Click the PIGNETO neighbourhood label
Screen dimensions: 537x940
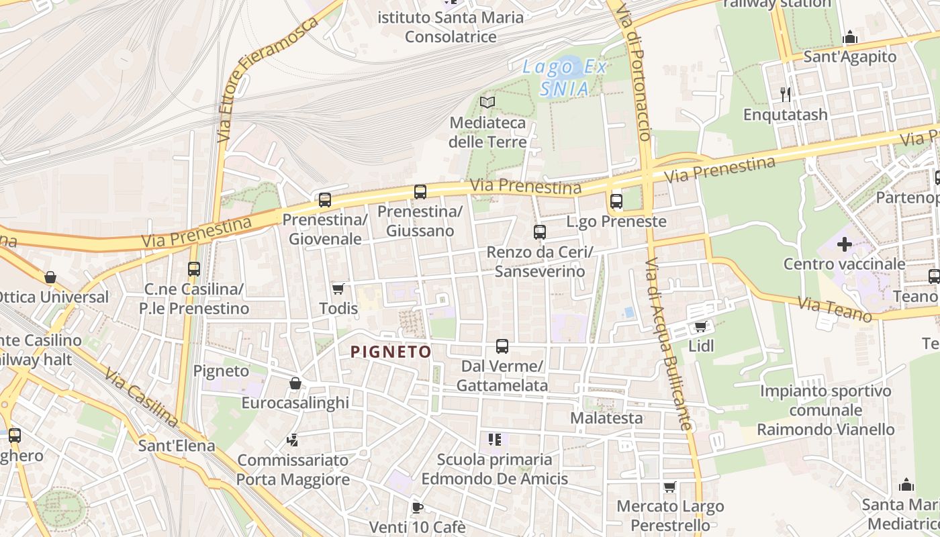tap(391, 351)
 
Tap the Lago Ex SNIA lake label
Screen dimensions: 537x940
tap(565, 77)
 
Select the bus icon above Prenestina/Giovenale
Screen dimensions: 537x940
tap(325, 199)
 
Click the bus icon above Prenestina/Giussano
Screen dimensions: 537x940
tap(420, 192)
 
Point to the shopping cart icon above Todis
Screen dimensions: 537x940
tap(338, 289)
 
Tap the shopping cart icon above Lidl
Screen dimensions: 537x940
tap(700, 326)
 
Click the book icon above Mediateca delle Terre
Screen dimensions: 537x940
tap(487, 102)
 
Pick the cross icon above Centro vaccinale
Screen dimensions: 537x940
tap(844, 244)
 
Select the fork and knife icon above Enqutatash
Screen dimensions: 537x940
tap(786, 94)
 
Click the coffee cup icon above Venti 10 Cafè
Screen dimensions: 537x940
tap(417, 507)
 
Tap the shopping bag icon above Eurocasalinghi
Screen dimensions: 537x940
tap(295, 383)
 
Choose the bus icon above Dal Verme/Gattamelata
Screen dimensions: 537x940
tap(502, 346)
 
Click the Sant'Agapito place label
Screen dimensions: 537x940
tap(850, 56)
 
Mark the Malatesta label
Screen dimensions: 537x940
tap(606, 418)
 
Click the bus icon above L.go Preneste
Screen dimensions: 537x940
tap(616, 201)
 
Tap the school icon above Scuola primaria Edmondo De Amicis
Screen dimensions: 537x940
tap(495, 440)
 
